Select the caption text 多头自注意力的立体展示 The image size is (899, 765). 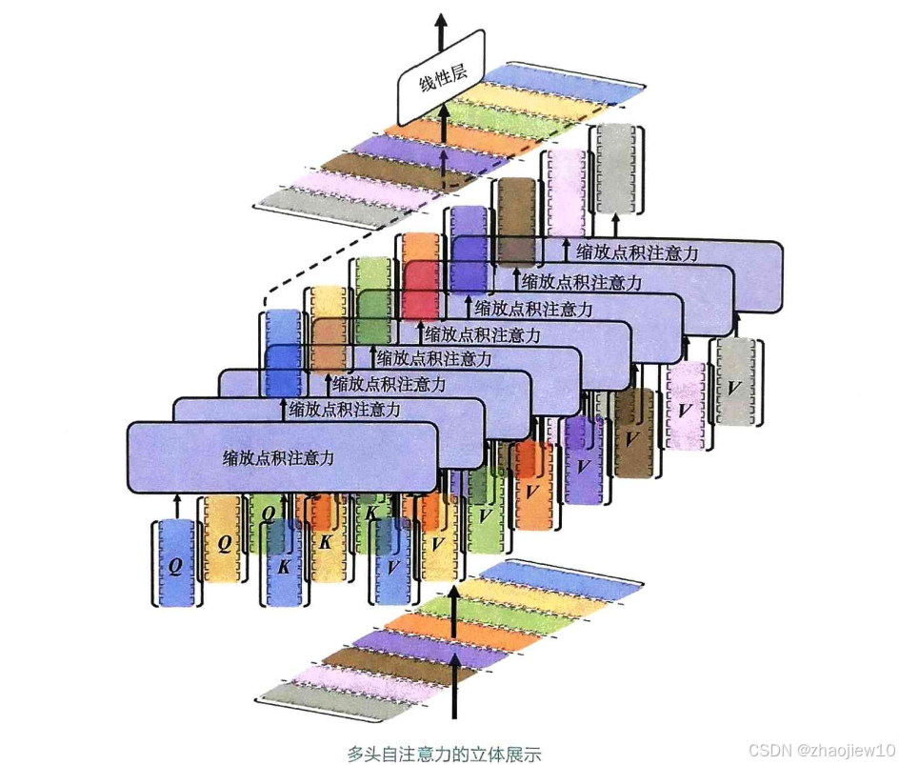coord(444,753)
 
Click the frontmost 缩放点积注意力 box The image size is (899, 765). coord(282,458)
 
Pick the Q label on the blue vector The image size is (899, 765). coord(175,565)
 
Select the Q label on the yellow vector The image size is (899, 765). coord(224,544)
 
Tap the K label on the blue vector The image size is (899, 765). coord(283,565)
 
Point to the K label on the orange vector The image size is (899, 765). coord(325,544)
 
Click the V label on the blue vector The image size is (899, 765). coord(390,565)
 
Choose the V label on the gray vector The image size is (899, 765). coord(733,389)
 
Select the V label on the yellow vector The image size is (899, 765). coord(437,544)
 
